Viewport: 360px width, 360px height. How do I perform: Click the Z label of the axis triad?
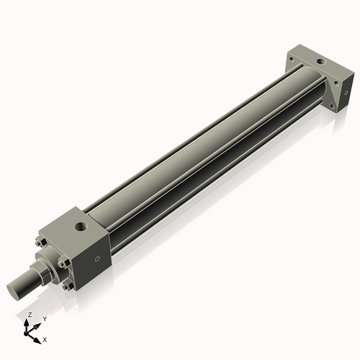coord(30,315)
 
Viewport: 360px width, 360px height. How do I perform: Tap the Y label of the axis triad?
coord(45,318)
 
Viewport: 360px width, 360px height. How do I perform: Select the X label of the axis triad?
coord(45,338)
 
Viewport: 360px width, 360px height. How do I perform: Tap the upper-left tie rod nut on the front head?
coord(40,242)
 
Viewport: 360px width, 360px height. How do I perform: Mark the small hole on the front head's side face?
coord(97,259)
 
